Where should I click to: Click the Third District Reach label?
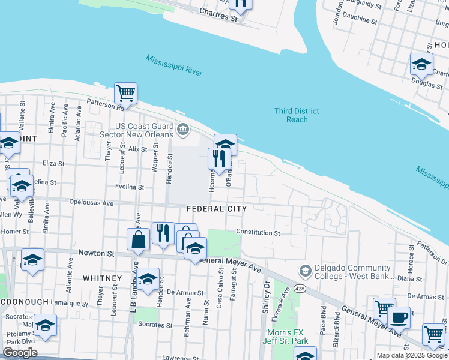(297, 115)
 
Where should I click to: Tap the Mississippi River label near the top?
(173, 65)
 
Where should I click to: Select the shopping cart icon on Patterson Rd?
(126, 94)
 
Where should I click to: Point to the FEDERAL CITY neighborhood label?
(217, 209)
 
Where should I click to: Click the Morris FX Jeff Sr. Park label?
(285, 336)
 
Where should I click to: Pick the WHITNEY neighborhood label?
(102, 278)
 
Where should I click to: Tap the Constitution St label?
(258, 232)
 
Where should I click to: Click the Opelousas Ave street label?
(91, 203)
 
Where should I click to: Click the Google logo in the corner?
(20, 353)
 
